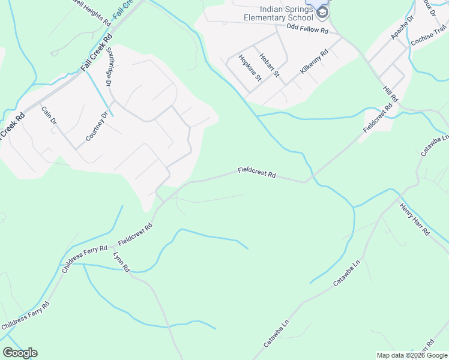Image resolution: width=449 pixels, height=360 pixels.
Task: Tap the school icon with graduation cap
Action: (x=322, y=13)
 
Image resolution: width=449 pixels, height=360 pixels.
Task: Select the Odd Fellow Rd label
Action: (x=307, y=29)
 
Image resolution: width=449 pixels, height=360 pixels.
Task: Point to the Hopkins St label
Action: (x=250, y=68)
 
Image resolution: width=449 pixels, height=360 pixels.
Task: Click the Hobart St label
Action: (x=270, y=65)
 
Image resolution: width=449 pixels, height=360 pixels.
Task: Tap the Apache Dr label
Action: (x=402, y=28)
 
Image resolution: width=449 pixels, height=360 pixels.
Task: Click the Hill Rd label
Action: (x=390, y=94)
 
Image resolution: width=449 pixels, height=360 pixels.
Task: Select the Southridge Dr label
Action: (x=110, y=68)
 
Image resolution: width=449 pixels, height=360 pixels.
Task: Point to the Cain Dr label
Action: (x=49, y=116)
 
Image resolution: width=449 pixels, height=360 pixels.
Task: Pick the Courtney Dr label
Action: (x=96, y=127)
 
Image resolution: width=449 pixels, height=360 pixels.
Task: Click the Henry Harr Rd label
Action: (x=414, y=219)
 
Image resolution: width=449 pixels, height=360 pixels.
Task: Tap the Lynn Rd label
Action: (x=122, y=262)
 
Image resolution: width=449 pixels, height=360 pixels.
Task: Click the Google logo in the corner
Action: (x=20, y=352)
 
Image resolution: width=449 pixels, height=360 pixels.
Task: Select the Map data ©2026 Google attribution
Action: (x=412, y=355)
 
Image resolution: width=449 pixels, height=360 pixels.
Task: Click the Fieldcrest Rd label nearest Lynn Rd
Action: (x=135, y=234)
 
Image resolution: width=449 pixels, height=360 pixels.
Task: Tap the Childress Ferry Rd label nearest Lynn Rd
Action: (x=85, y=257)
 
